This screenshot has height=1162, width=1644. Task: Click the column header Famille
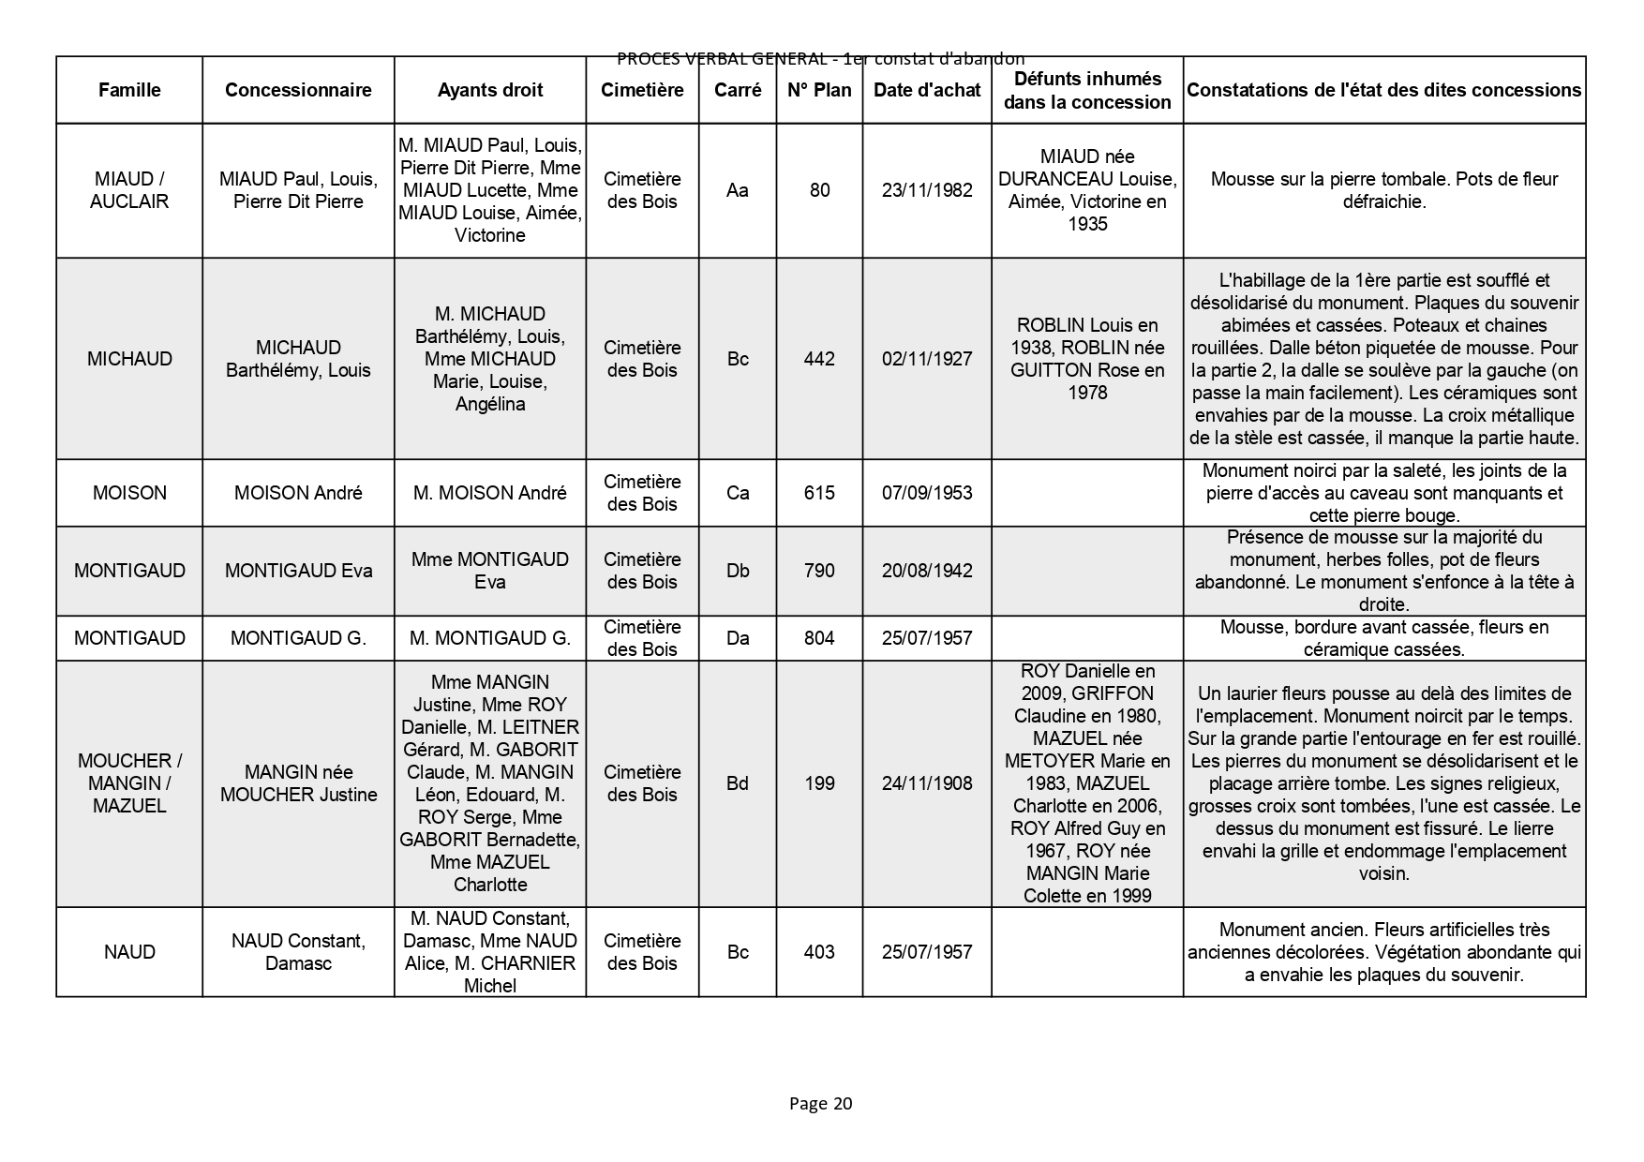(x=129, y=90)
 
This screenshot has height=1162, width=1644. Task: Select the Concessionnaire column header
(x=298, y=90)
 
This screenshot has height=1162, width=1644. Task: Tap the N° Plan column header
(x=819, y=90)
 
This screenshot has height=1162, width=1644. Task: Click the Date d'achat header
(x=927, y=90)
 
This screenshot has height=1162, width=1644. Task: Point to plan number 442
(x=819, y=359)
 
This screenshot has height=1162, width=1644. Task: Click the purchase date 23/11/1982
(x=927, y=190)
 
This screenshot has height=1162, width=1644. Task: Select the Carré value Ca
(x=738, y=493)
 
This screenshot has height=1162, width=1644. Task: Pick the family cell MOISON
(x=129, y=493)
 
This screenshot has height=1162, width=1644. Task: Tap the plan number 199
(x=819, y=783)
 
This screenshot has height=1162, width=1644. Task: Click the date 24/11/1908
(x=927, y=783)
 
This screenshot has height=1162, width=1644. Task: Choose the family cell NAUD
(x=129, y=952)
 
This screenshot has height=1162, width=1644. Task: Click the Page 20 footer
(x=820, y=1103)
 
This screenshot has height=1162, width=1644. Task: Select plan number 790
(x=819, y=571)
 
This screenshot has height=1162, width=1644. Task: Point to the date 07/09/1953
(x=927, y=493)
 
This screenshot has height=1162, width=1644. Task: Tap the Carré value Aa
(x=738, y=190)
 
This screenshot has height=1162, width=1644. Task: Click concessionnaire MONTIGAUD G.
(x=298, y=638)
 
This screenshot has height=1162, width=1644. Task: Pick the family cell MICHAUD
(x=129, y=359)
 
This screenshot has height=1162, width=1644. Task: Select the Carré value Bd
(x=738, y=783)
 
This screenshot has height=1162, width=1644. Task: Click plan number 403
(x=819, y=952)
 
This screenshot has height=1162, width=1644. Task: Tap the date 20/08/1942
(x=927, y=571)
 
